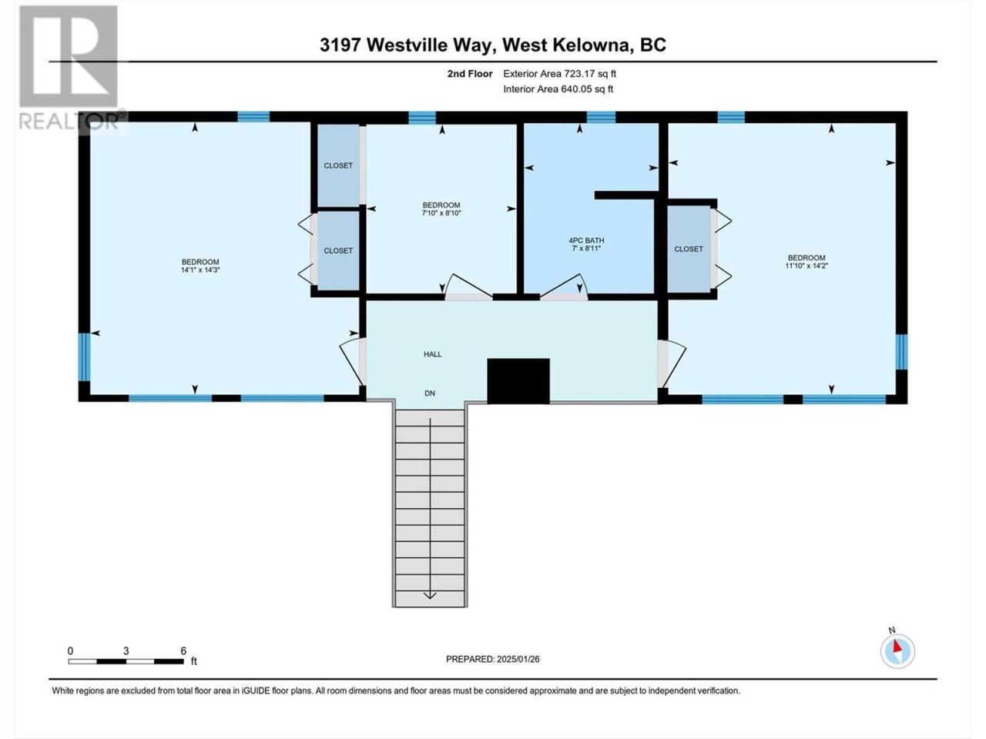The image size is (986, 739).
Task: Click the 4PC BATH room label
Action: [x=586, y=240]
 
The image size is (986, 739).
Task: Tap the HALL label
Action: [x=433, y=354]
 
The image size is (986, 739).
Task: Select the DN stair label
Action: [x=430, y=393]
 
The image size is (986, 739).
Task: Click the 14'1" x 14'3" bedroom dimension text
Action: [x=200, y=269]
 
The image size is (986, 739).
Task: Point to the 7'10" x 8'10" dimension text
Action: [x=441, y=213]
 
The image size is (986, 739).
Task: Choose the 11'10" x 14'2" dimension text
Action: [x=807, y=266]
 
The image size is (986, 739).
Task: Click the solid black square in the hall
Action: [x=518, y=380]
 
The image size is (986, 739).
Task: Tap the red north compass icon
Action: [x=897, y=650]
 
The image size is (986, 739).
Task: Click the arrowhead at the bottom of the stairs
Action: [x=430, y=595]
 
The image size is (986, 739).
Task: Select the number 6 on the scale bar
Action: [x=183, y=650]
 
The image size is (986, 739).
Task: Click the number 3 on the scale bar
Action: [x=126, y=650]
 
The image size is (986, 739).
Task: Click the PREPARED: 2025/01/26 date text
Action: [x=493, y=659]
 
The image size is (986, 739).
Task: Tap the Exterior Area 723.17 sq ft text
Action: [x=560, y=74]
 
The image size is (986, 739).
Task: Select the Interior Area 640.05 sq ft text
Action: [x=558, y=89]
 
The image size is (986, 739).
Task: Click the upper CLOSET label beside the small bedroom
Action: [x=338, y=166]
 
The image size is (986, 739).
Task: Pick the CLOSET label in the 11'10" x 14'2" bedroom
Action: [x=689, y=249]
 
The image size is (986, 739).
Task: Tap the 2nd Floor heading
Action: [x=470, y=74]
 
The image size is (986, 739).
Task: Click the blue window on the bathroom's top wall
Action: [x=601, y=117]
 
